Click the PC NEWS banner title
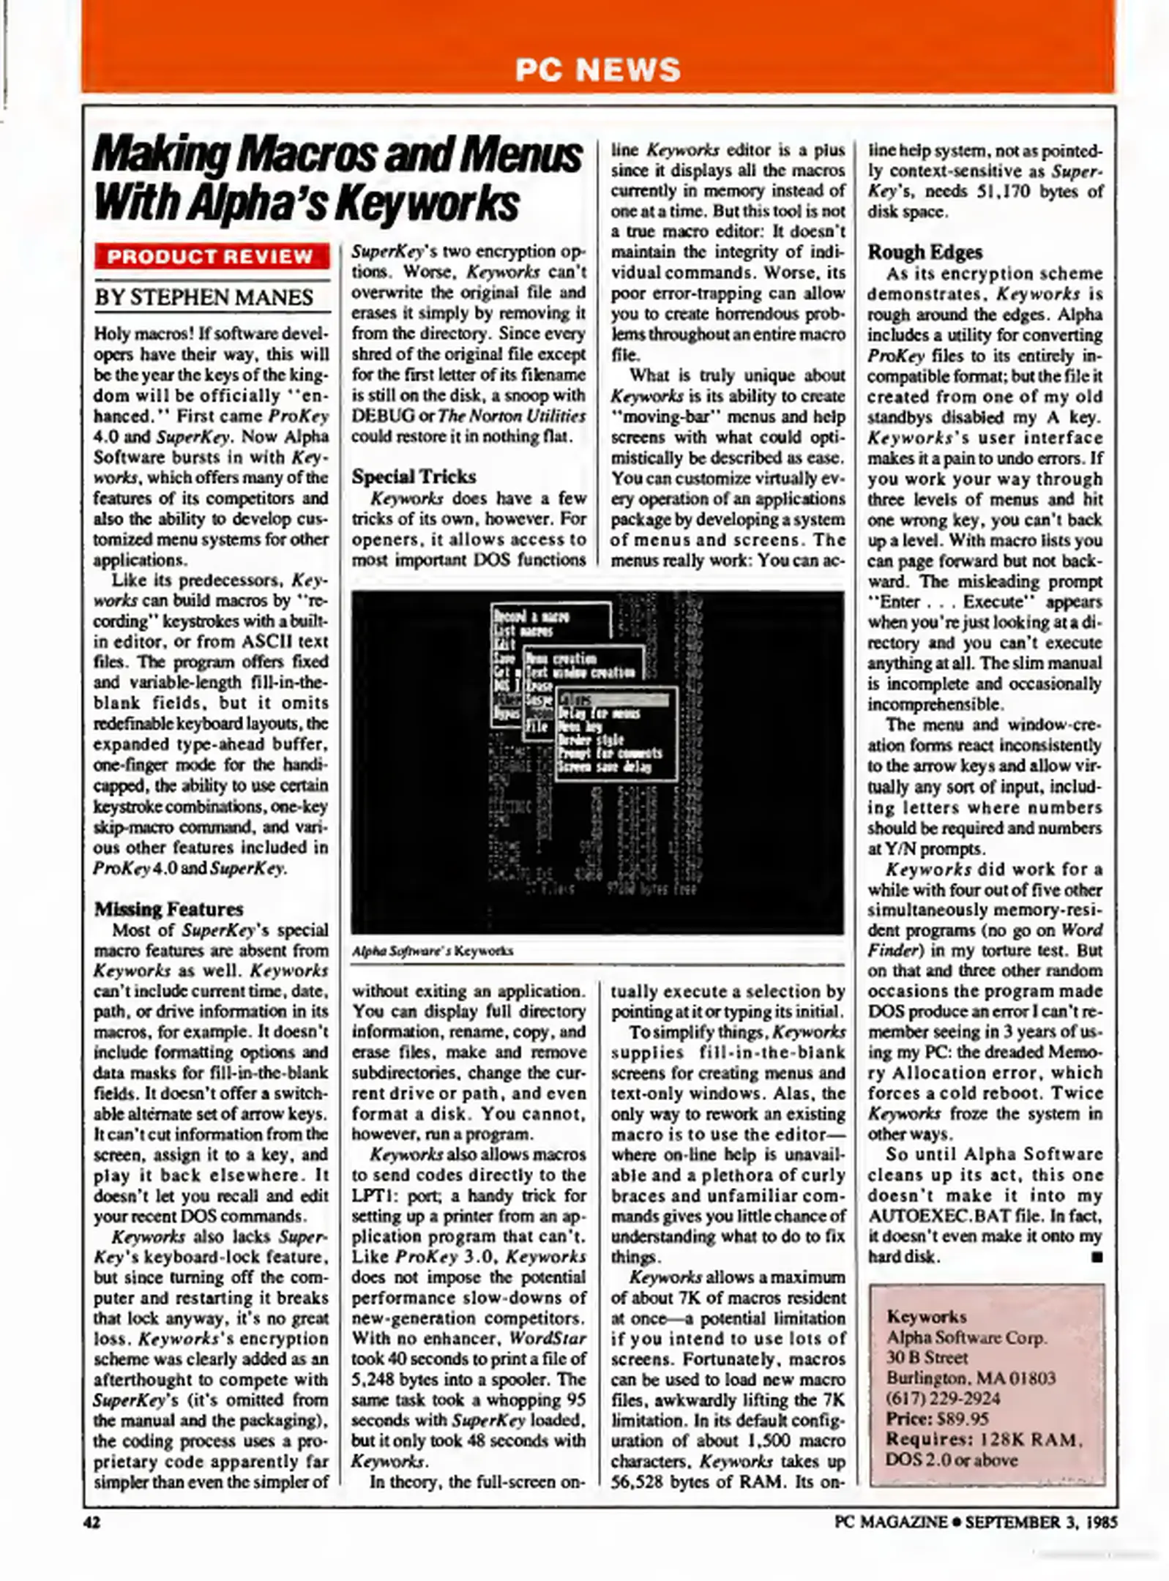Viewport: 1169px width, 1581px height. [x=597, y=70]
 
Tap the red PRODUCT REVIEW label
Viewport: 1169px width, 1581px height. [x=211, y=257]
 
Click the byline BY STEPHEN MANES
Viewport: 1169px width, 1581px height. [x=204, y=298]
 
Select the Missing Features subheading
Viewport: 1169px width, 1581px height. [x=168, y=909]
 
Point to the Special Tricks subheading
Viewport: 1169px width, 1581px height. [x=414, y=476]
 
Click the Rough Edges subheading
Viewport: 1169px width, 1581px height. [x=925, y=253]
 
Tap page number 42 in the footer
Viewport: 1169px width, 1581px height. [x=91, y=1522]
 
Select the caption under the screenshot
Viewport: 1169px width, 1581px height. [x=432, y=951]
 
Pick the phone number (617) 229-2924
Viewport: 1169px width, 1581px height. [x=943, y=1398]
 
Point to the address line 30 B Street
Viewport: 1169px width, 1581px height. [x=927, y=1357]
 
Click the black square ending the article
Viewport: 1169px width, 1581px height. [x=1096, y=1257]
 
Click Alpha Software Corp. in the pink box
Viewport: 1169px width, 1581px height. [x=966, y=1337]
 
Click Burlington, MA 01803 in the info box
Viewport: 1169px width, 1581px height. [x=971, y=1378]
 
